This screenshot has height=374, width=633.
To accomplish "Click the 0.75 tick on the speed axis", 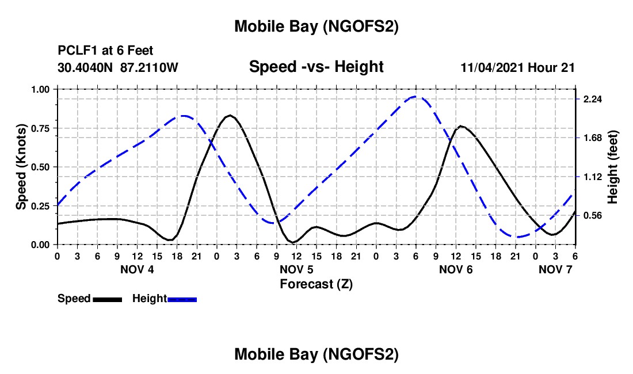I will [41, 128].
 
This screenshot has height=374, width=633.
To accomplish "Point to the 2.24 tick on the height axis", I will [592, 99].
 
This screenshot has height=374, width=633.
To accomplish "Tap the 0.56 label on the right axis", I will [592, 215].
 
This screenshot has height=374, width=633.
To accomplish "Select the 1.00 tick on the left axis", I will [41, 89].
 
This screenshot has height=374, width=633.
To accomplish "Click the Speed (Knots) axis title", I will [21, 167].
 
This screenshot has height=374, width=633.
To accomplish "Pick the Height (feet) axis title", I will [613, 167].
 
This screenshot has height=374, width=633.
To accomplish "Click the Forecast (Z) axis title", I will [316, 284].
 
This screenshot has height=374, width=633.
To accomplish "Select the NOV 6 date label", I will [456, 269].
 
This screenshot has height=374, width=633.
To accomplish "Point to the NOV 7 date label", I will [556, 269].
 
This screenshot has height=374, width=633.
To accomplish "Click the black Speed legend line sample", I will [107, 299].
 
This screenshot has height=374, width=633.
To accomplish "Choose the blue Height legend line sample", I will [182, 299].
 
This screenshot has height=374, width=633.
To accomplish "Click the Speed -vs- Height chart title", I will [316, 67].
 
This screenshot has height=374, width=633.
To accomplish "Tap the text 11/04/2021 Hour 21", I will [518, 67].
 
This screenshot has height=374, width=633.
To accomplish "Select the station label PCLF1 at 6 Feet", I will [105, 51].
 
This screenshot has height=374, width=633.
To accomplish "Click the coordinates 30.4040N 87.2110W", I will [118, 67].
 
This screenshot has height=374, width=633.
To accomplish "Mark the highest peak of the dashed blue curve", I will [417, 97].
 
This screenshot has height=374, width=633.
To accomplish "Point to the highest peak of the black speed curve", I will [230, 115].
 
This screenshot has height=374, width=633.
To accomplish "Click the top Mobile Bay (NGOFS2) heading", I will [316, 26].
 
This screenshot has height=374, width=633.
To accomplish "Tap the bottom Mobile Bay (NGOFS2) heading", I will [316, 354].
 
